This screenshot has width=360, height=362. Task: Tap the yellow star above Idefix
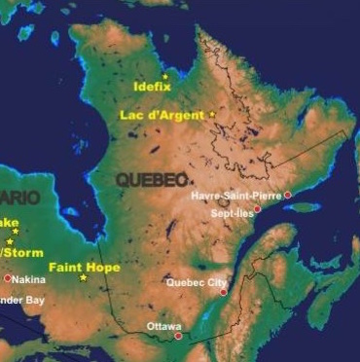click(165, 76)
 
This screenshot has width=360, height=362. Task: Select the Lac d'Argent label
click(162, 115)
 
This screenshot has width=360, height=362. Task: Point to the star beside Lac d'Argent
click(212, 115)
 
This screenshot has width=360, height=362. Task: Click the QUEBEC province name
click(151, 180)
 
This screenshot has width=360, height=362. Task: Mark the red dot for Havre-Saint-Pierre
click(287, 195)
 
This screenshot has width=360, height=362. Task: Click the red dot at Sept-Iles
click(258, 208)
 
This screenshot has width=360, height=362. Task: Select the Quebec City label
click(197, 283)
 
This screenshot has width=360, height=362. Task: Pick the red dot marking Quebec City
click(224, 291)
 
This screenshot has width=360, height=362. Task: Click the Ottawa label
click(163, 326)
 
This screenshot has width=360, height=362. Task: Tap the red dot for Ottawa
click(178, 336)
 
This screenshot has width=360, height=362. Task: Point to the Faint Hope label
click(85, 267)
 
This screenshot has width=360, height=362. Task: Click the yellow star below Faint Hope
click(83, 278)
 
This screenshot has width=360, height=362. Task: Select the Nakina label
click(29, 279)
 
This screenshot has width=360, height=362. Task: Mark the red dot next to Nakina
click(7, 278)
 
